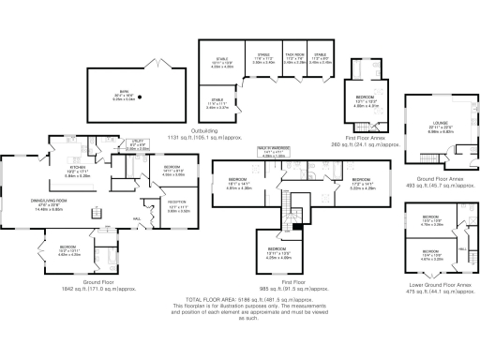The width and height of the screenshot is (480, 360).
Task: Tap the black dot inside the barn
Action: pos(140,97)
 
